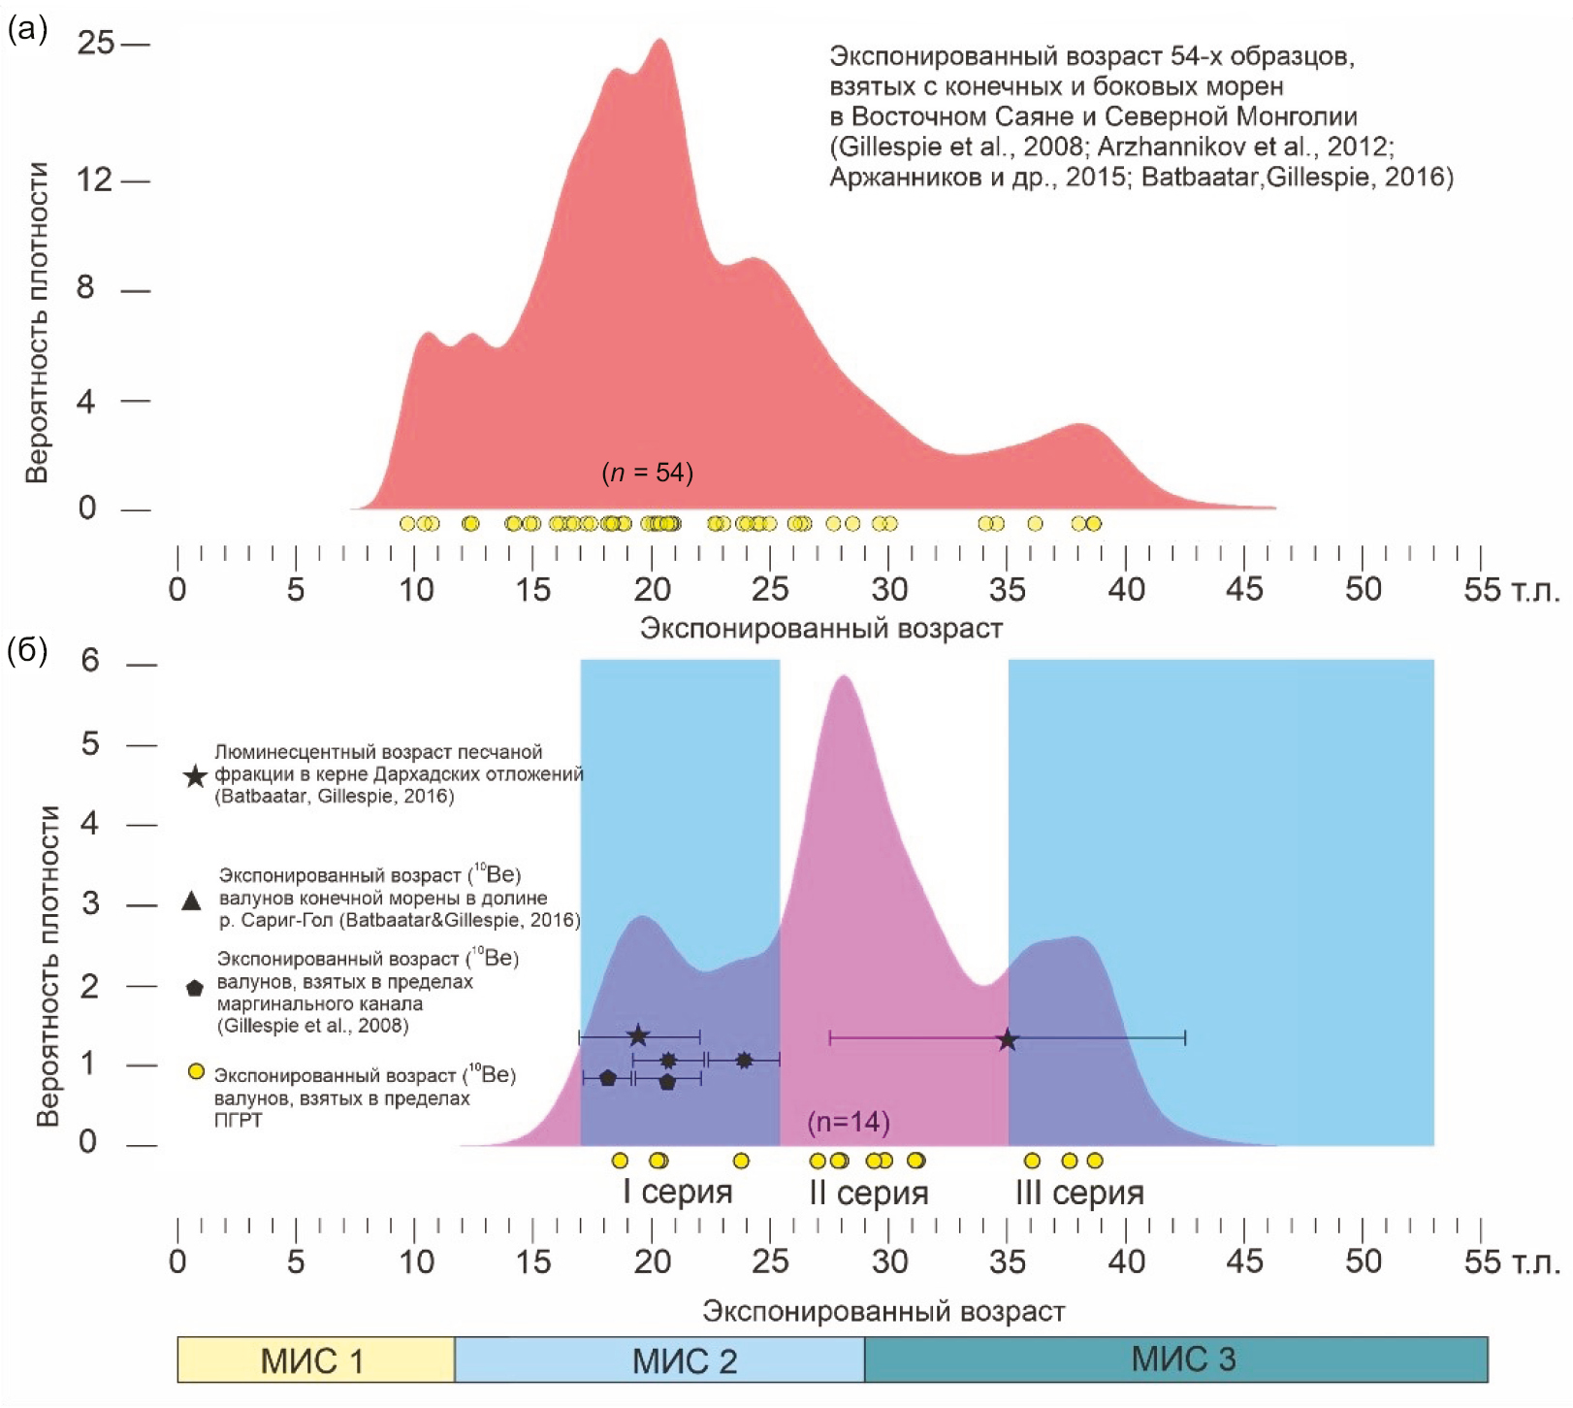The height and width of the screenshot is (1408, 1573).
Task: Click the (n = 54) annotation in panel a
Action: click(648, 473)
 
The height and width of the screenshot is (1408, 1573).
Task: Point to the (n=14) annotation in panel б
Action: click(849, 1122)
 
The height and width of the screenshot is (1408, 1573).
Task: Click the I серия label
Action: click(677, 1192)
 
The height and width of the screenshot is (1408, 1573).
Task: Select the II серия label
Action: click(869, 1193)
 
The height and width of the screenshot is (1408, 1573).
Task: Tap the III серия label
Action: click(1079, 1193)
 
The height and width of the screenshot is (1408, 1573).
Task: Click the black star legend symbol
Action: click(195, 776)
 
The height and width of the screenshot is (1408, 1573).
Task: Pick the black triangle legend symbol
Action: click(192, 901)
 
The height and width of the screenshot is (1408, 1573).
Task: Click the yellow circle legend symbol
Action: click(196, 1072)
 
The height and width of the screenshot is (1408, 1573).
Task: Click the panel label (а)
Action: click(27, 29)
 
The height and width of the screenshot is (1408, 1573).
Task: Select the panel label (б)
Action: click(27, 650)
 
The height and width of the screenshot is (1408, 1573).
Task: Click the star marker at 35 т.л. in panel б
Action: click(1008, 1040)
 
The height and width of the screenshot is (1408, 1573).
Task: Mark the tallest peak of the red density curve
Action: click(660, 40)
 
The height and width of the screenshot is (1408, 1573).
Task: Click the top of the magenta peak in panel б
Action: click(843, 676)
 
